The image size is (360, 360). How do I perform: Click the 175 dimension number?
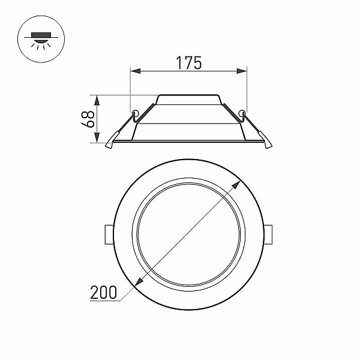pos(189,62)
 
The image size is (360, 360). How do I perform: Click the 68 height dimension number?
pos(88,119)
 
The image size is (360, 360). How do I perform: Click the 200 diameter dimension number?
pos(103,293)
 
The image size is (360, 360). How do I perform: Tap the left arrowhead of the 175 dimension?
pos(135,71)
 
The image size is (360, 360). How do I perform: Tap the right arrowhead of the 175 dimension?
pos(242,71)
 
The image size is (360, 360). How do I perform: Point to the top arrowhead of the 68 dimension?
pos(97,100)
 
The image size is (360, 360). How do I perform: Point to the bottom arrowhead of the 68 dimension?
pos(97,137)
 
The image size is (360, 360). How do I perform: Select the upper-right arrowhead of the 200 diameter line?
pos(236,185)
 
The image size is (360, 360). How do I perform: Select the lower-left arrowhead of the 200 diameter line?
pos(139,282)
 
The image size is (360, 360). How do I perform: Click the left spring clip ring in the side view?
pos(135,113)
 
